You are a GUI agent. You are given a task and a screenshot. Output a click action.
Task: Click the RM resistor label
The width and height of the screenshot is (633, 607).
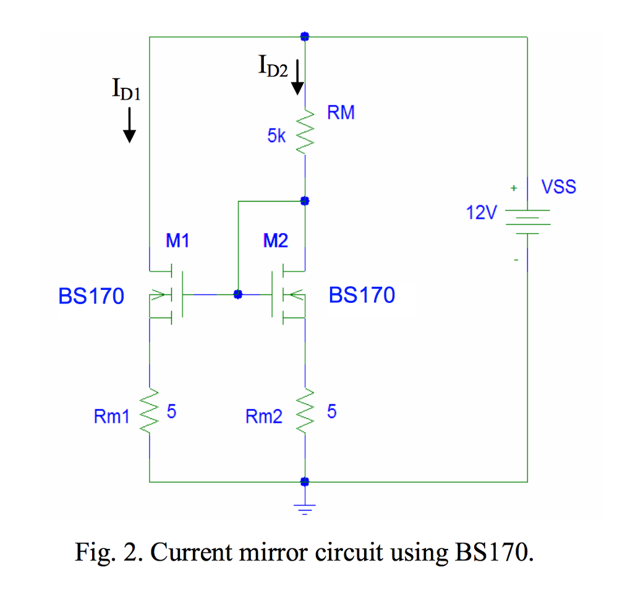coord(341,113)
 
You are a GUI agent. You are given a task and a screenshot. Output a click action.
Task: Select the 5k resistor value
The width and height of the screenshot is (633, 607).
coord(276,137)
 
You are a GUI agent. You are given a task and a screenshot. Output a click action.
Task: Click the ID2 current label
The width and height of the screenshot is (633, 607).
coord(273,65)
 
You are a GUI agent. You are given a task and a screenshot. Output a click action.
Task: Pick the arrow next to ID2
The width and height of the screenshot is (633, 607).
coord(297,77)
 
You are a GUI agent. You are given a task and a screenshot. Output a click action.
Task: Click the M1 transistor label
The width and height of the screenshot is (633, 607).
coord(177,241)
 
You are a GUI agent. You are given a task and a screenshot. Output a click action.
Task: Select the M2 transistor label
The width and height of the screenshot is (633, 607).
coord(275,241)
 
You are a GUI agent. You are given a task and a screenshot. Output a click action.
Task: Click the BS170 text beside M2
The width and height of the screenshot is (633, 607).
coord(362,295)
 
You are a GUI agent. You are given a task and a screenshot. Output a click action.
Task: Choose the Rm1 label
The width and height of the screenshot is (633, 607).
coord(111,417)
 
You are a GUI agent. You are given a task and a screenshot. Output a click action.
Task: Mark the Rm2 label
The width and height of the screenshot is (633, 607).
coord(263,417)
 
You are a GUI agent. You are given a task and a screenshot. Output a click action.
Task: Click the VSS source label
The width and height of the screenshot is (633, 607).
coord(558,187)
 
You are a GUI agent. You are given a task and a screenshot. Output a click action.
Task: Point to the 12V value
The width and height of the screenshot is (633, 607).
coord(481,213)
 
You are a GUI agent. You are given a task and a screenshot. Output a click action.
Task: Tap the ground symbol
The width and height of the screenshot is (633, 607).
coord(304,509)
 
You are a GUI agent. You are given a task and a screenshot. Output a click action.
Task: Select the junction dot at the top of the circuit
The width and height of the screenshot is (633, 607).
coord(304,36)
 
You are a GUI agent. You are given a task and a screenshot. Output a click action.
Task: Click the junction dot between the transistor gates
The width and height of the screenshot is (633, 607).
coord(237,294)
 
